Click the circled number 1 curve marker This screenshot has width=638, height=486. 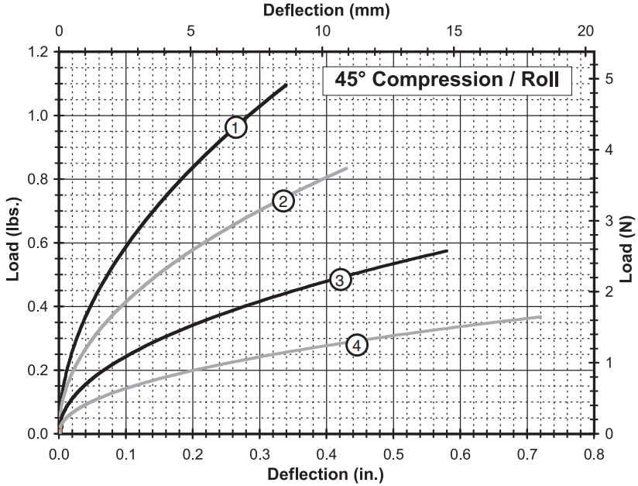point(236,126)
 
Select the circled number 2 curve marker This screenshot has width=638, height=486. point(283,202)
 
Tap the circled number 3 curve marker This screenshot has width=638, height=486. point(341,279)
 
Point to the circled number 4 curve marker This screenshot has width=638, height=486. point(356,345)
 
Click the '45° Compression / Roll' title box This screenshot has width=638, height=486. point(447,80)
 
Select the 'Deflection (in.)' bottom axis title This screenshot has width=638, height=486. point(325,474)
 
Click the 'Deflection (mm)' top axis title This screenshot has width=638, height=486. point(326,10)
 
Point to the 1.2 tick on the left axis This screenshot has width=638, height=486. point(39,52)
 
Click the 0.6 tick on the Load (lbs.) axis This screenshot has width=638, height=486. point(39,243)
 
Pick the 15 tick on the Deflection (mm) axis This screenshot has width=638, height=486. point(454,33)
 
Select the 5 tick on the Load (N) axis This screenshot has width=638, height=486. point(609,78)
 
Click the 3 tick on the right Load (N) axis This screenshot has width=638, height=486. point(609,220)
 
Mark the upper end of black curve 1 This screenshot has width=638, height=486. point(286,84)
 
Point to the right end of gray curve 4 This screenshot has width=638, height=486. point(540,316)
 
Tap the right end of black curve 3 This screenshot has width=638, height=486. point(448,250)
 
